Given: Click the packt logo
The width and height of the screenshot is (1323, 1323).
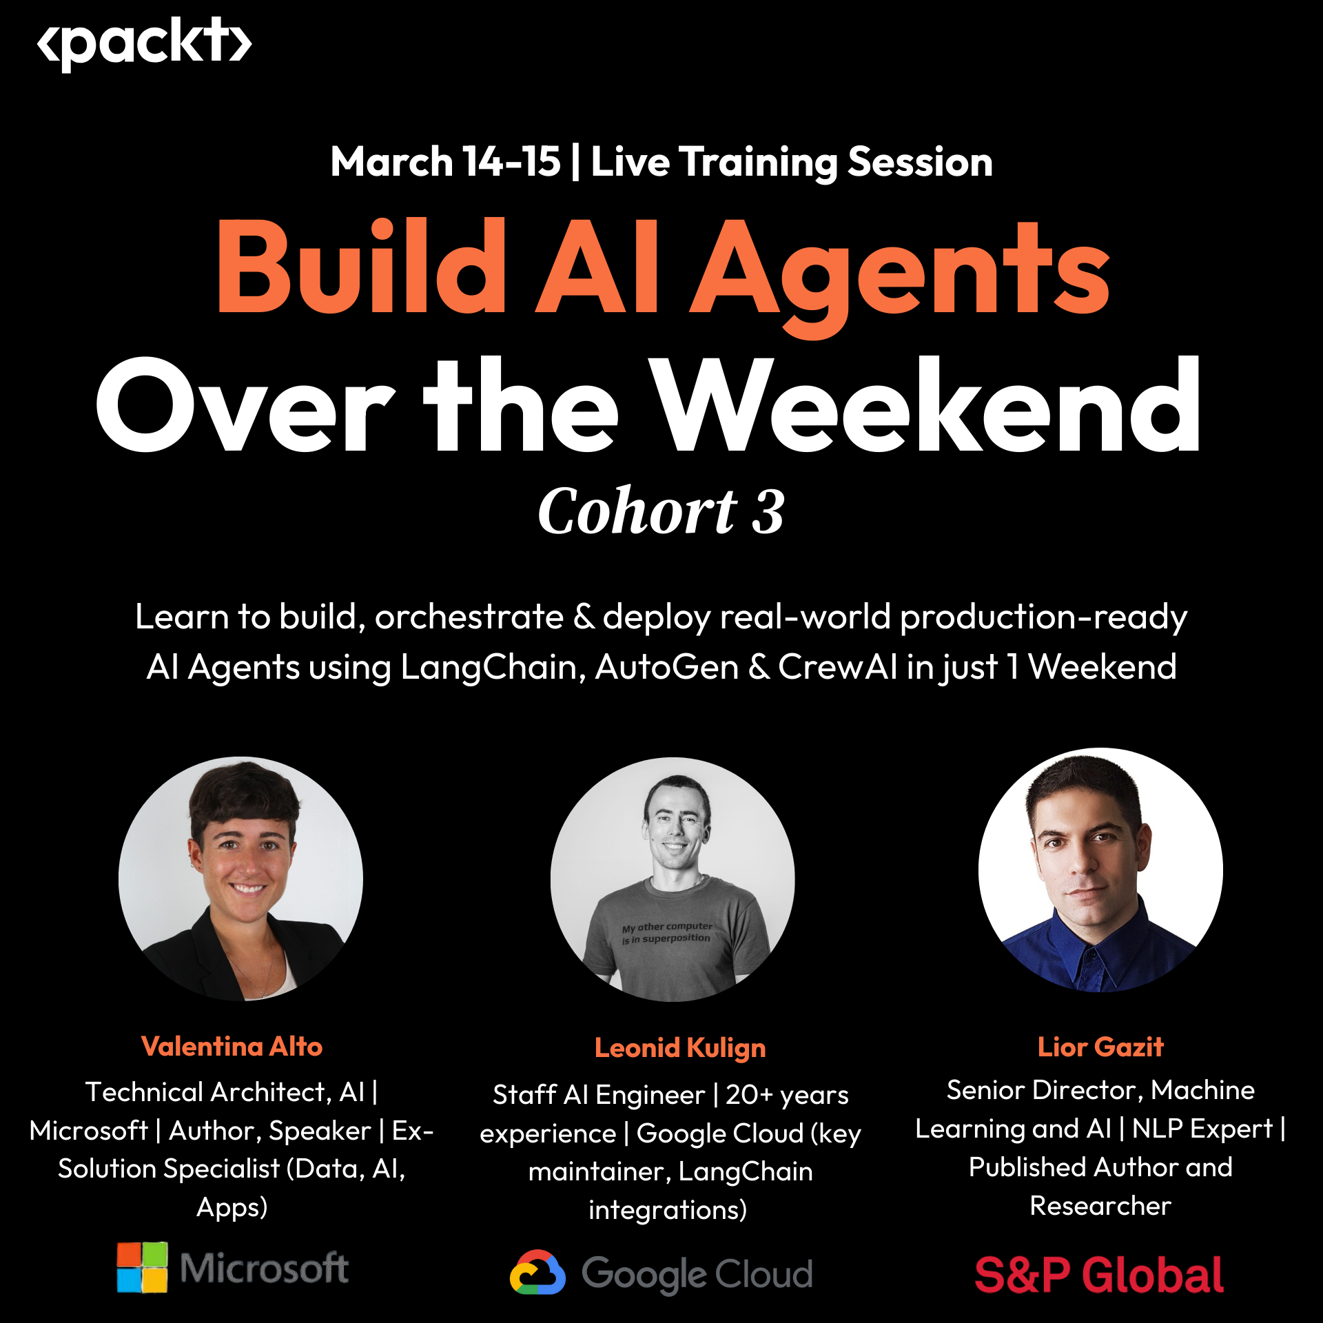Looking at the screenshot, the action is pyautogui.click(x=144, y=43).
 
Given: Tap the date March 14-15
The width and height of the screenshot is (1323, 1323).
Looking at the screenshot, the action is pyautogui.click(x=445, y=162).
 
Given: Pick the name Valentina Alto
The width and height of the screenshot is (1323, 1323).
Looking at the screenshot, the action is pyautogui.click(x=232, y=1047).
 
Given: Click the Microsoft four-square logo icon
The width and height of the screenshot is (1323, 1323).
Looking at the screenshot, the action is pyautogui.click(x=142, y=1268).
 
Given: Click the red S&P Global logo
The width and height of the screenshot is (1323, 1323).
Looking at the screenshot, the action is pyautogui.click(x=1099, y=1275).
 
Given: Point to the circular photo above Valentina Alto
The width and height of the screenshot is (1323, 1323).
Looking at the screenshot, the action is pyautogui.click(x=240, y=879).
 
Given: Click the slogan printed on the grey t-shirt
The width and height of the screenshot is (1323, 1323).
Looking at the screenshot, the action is pyautogui.click(x=666, y=932).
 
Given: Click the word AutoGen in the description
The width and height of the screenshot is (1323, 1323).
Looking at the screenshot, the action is pyautogui.click(x=666, y=667).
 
